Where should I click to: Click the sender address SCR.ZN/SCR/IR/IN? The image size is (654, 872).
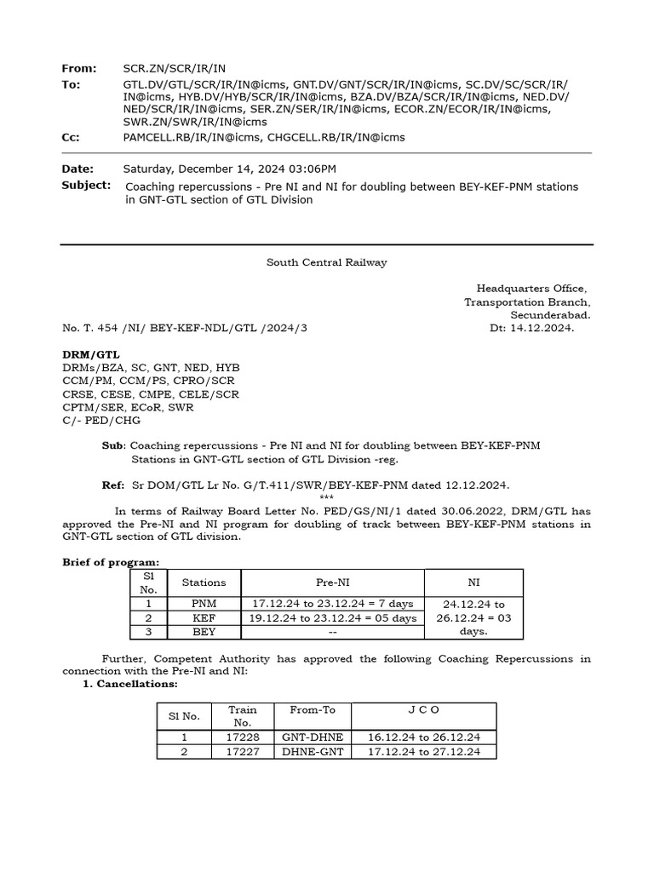tap(174, 67)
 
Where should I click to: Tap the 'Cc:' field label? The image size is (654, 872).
tap(71, 137)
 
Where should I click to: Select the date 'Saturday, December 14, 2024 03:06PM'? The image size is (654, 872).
tap(229, 169)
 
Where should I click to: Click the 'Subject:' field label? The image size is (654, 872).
tap(86, 185)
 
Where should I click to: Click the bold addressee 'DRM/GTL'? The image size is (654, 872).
tap(91, 353)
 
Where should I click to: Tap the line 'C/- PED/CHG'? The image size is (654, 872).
tap(101, 420)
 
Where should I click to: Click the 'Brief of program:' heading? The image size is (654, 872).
tap(111, 562)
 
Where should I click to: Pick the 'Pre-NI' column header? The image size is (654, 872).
tap(332, 582)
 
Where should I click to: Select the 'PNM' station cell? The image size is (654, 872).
tap(204, 604)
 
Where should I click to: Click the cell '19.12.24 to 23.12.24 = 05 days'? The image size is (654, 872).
tap(332, 618)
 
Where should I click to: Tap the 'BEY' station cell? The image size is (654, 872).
tap(204, 632)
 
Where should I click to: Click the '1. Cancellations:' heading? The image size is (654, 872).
tap(130, 684)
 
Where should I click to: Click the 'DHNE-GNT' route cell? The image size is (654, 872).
tap(313, 752)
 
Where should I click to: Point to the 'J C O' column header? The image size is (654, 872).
tap(423, 708)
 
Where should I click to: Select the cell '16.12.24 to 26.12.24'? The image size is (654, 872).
tap(423, 737)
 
